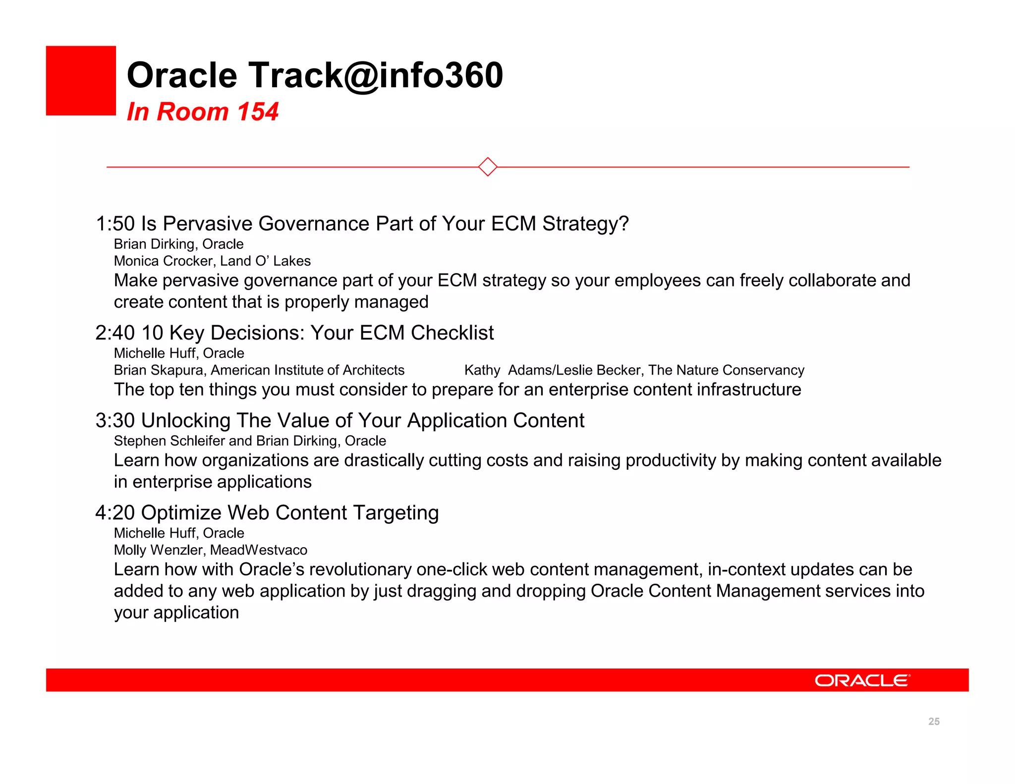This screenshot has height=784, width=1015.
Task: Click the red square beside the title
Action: coord(81,81)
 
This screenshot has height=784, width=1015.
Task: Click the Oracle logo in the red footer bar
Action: coord(862,680)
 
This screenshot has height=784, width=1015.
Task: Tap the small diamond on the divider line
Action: coord(488,167)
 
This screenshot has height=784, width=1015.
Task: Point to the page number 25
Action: coord(934,722)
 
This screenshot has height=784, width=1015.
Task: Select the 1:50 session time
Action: coord(115,224)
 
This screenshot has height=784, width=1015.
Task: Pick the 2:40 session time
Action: coord(115,333)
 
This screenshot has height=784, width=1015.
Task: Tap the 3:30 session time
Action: coord(115,421)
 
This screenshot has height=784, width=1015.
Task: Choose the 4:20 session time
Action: coord(115,513)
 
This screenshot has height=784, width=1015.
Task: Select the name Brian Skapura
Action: coord(159,370)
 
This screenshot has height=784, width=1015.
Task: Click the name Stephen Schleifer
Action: coord(169,441)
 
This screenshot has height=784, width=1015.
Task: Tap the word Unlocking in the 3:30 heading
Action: coord(185,421)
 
